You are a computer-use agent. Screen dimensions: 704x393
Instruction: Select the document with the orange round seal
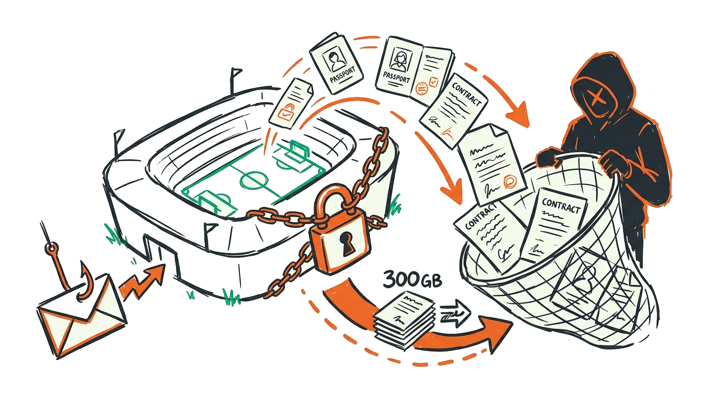(491, 166)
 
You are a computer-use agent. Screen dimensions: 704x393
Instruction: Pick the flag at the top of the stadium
(236, 74)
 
